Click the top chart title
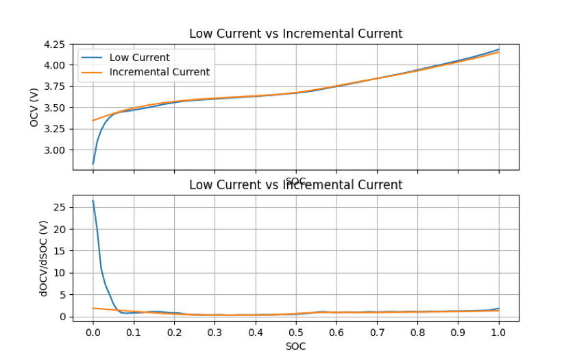point(295,34)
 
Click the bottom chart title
point(295,184)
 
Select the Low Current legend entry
point(139,58)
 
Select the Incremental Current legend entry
point(159,72)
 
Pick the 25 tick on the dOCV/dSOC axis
point(60,207)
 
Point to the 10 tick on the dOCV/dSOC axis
point(60,273)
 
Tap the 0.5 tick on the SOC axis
point(295,333)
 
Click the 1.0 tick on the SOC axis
point(498,333)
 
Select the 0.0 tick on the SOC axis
point(93,333)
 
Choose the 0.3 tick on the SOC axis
point(215,333)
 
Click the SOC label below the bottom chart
point(295,346)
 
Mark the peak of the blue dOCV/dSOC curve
point(93,201)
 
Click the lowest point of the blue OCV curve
point(93,164)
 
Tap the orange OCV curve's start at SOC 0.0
point(93,121)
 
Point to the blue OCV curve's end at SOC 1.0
point(498,49)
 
